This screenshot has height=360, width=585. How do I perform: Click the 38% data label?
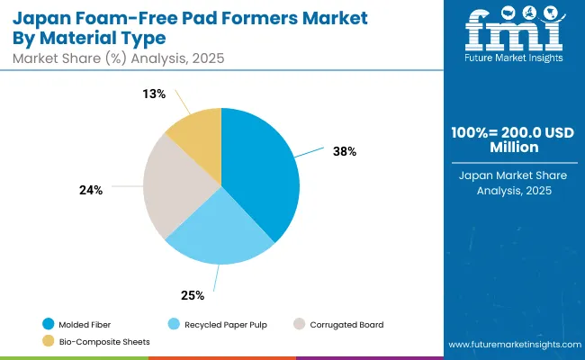pyautogui.click(x=345, y=151)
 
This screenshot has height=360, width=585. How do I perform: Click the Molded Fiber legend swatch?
pyautogui.click(x=47, y=323)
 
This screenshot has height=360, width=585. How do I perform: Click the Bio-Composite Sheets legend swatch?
pyautogui.click(x=47, y=341)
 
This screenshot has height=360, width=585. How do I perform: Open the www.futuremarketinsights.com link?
pyautogui.click(x=512, y=345)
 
